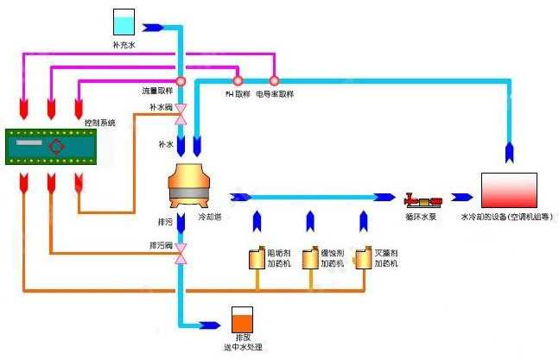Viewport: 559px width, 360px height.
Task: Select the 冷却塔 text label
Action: [209, 217]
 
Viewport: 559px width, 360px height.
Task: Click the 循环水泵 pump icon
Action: [423, 199]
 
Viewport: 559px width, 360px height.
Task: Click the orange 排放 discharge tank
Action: [241, 320]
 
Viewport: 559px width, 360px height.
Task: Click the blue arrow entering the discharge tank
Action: [209, 325]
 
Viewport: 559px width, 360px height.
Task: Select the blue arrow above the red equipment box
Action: [510, 151]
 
